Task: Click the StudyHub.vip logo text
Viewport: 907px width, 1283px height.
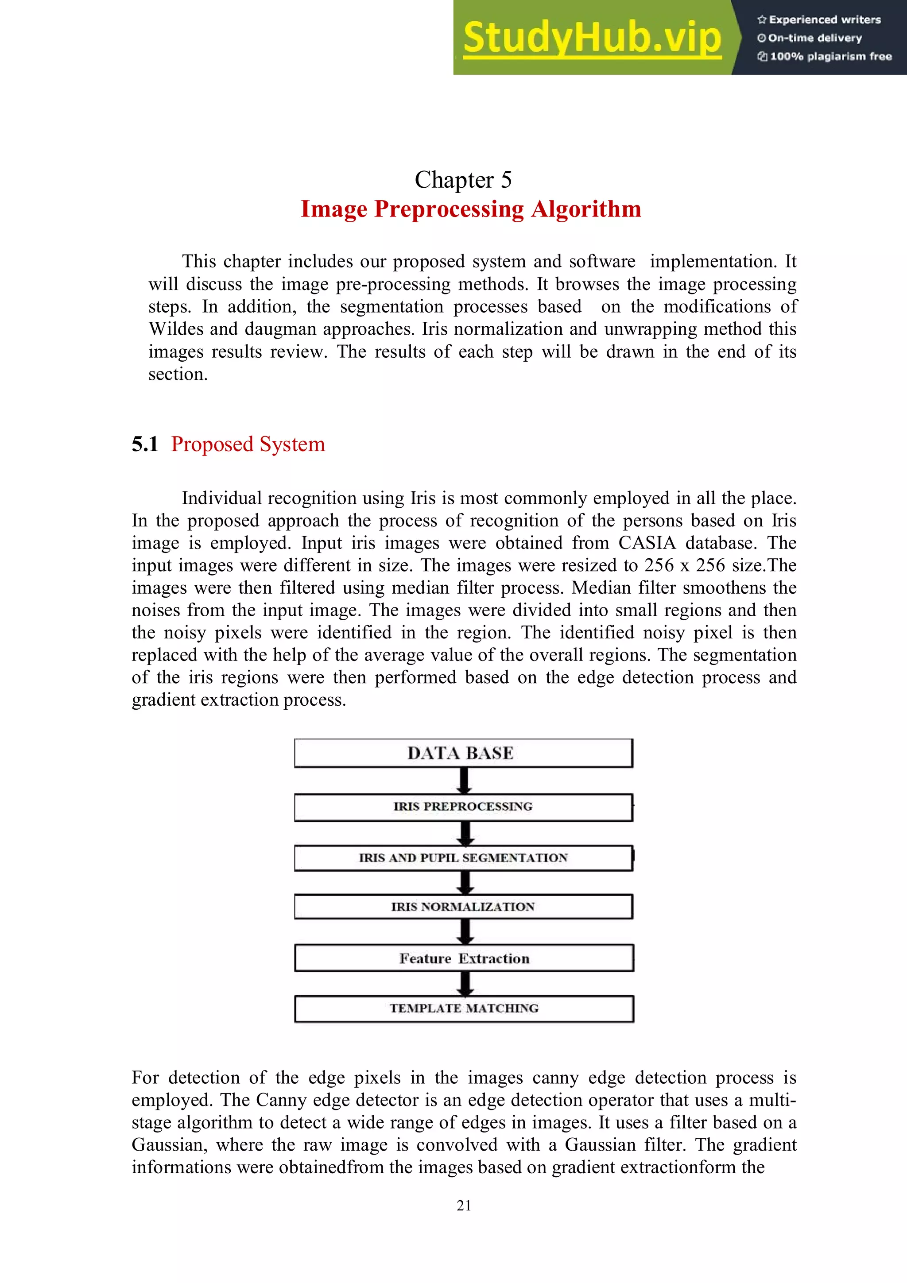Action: pyautogui.click(x=592, y=38)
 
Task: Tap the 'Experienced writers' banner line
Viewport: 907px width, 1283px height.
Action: pyautogui.click(x=819, y=19)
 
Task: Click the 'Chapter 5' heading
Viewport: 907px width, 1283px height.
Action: pyautogui.click(x=463, y=180)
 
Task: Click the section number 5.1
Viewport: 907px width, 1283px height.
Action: pyautogui.click(x=145, y=444)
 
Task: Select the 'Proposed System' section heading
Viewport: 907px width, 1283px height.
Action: pyautogui.click(x=248, y=444)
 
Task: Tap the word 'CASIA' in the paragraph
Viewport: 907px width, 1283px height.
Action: pyautogui.click(x=647, y=543)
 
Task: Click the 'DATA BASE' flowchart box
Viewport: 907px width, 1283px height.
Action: pyautogui.click(x=463, y=753)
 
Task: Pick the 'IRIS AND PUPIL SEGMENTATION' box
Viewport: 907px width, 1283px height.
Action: pyautogui.click(x=463, y=858)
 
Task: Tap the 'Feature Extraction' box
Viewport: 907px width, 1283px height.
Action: pyautogui.click(x=464, y=958)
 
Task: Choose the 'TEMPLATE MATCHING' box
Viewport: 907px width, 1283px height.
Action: pyautogui.click(x=464, y=1009)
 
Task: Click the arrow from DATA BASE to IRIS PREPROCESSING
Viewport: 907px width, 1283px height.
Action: pyautogui.click(x=464, y=781)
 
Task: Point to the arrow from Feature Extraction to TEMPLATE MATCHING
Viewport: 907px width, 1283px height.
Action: pyautogui.click(x=465, y=983)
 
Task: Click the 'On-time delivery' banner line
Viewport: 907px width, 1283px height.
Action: pyautogui.click(x=810, y=38)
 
